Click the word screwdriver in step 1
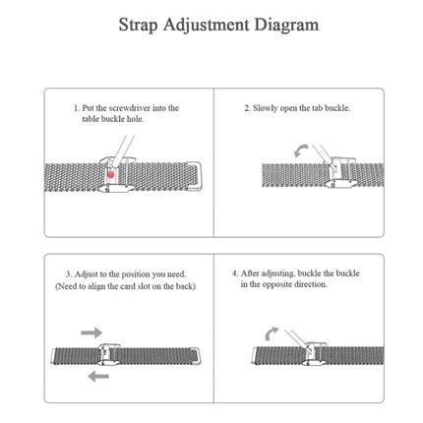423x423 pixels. coord(115,106)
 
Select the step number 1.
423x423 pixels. coord(76,106)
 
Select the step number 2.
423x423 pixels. coord(246,106)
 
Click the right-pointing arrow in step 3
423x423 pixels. coord(91,333)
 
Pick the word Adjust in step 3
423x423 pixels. coord(86,272)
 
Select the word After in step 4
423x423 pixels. coord(251,272)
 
